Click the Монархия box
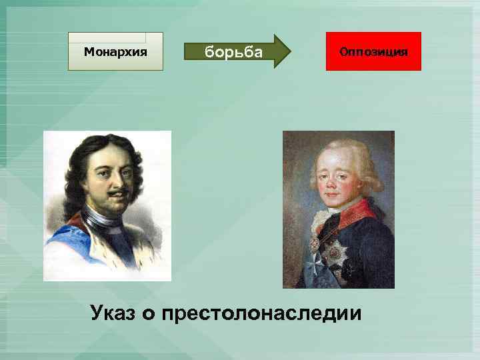point(115,51)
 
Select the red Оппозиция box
point(373,51)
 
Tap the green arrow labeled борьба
point(237,51)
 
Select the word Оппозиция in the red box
point(373,51)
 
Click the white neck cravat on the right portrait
point(320,220)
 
